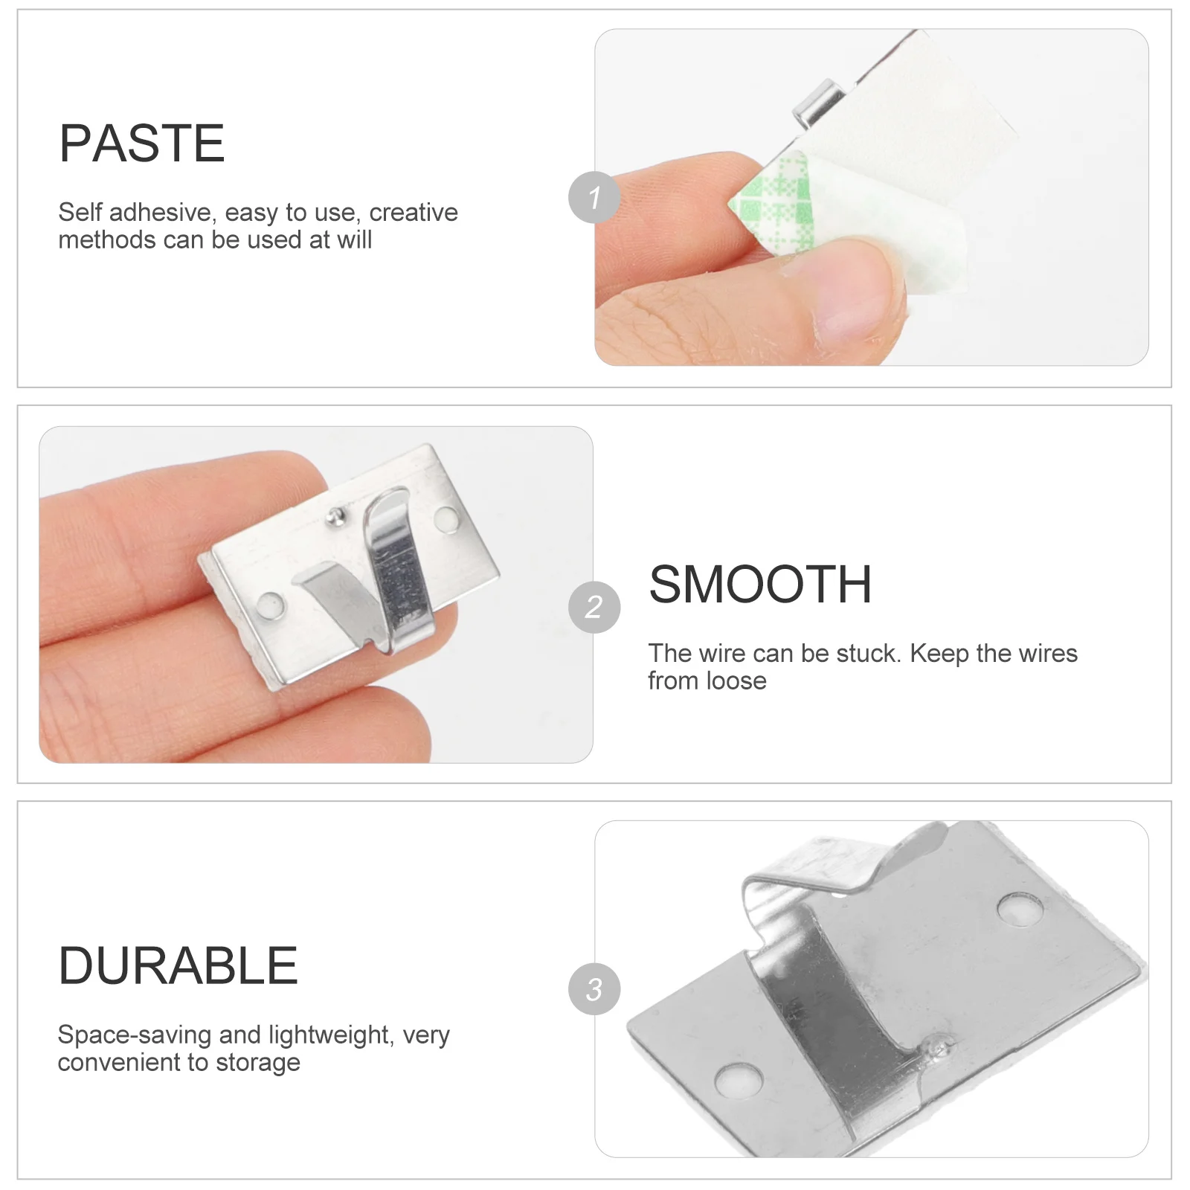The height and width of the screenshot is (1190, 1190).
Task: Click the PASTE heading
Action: coord(141,144)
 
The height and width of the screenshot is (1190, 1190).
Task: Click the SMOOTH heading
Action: coord(759,585)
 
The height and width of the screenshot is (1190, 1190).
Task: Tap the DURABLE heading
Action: coord(178,966)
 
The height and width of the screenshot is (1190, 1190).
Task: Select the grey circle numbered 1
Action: coord(594,197)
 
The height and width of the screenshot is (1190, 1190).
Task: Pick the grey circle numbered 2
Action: coord(594,607)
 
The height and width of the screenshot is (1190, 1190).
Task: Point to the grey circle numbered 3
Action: coord(594,989)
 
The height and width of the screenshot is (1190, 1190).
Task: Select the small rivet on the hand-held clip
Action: coord(336,515)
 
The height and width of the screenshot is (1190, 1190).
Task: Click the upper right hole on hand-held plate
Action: coord(446,518)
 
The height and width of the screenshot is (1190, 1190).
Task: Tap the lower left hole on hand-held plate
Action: coord(271,604)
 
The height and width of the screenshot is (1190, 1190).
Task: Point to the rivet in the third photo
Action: coord(938,1047)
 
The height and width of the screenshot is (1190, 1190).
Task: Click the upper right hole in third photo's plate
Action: coord(1020,909)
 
